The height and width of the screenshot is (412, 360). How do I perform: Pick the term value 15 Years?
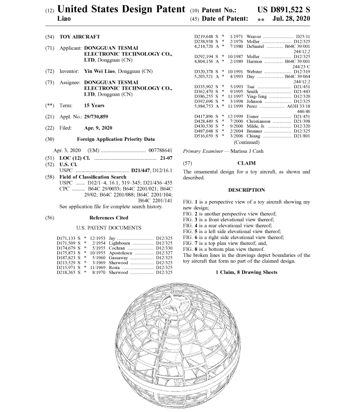tap(94, 105)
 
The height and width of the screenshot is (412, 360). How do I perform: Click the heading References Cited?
tap(108, 217)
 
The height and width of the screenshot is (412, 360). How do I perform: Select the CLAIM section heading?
tap(247, 162)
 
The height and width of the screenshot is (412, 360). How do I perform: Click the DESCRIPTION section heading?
tap(247, 190)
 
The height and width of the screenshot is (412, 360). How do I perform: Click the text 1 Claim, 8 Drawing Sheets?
tap(247, 273)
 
